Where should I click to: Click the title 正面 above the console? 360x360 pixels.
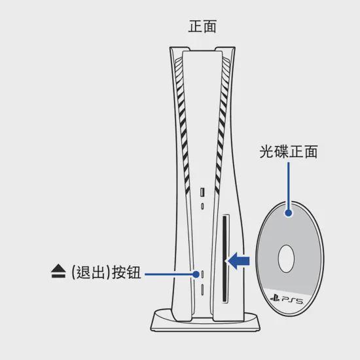(x=202, y=26)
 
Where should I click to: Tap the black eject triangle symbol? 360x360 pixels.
(x=58, y=271)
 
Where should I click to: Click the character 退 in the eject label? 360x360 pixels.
(x=84, y=272)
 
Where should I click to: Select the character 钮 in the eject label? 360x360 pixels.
(x=133, y=272)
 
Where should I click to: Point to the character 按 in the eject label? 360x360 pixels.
(x=118, y=272)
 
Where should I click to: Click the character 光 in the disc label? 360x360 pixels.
(x=266, y=152)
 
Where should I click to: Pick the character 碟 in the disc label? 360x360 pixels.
(x=281, y=152)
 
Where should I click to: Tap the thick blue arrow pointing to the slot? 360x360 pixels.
(x=238, y=261)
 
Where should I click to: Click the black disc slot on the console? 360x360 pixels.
(x=225, y=259)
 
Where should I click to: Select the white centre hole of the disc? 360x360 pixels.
(x=286, y=259)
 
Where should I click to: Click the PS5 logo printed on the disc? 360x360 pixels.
(x=287, y=299)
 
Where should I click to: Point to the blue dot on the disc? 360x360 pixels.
(x=289, y=213)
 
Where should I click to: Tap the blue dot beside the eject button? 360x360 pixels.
(x=196, y=274)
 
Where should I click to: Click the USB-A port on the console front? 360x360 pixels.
(x=202, y=192)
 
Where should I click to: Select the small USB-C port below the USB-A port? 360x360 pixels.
(x=202, y=206)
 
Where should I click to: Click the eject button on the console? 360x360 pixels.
(x=202, y=274)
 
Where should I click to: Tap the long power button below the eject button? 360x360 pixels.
(x=202, y=289)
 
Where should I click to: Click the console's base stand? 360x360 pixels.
(x=206, y=321)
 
